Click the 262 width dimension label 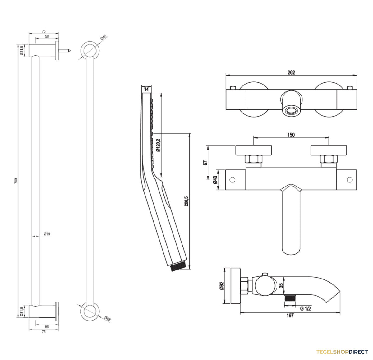(291, 72)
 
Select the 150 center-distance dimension (291, 135)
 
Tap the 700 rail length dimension (16, 181)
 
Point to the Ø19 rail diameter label (47, 234)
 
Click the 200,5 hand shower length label (186, 201)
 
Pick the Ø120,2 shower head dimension (158, 145)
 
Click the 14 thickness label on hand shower (146, 89)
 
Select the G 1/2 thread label (305, 308)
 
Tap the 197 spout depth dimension (290, 315)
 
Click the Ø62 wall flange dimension (222, 286)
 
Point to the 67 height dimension (205, 163)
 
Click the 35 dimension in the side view (281, 285)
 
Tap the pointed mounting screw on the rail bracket (65, 51)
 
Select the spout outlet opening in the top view (291, 111)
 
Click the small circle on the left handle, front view (232, 180)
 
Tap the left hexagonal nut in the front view (253, 159)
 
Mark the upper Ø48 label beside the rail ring (104, 37)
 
